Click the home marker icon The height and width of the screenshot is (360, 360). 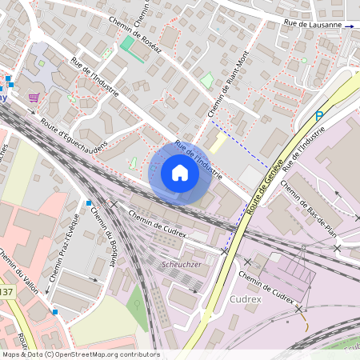click(x=180, y=172)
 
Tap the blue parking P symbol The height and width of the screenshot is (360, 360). click(x=319, y=116)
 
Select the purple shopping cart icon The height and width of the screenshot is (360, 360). click(x=34, y=97)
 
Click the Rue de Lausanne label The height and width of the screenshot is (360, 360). click(x=315, y=25)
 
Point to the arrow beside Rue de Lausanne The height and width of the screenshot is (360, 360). click(x=349, y=26)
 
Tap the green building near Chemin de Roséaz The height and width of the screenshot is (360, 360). click(x=127, y=42)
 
